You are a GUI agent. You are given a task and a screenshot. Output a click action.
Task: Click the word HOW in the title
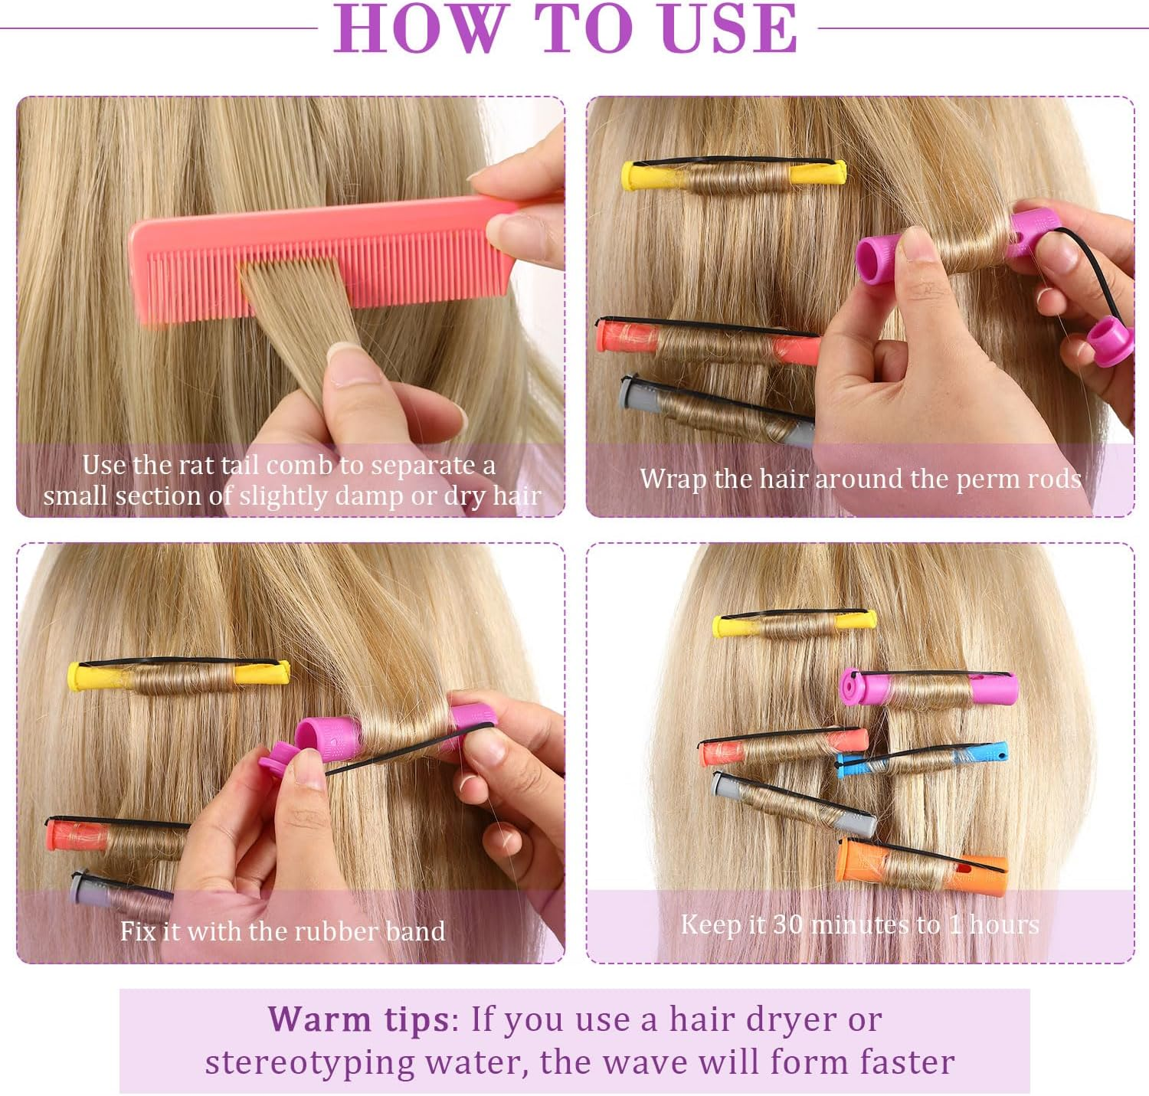(418, 28)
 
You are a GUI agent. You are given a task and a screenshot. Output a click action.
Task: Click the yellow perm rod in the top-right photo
(734, 175)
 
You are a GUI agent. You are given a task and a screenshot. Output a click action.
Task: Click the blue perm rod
(922, 759)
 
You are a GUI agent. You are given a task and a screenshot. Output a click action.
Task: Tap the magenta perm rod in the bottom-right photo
(928, 689)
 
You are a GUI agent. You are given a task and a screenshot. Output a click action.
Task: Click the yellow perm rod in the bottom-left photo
(178, 675)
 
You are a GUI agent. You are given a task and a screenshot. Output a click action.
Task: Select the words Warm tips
(358, 1019)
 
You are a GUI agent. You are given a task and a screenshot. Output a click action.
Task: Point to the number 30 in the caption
(788, 924)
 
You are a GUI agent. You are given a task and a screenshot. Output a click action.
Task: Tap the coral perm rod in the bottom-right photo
(783, 747)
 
